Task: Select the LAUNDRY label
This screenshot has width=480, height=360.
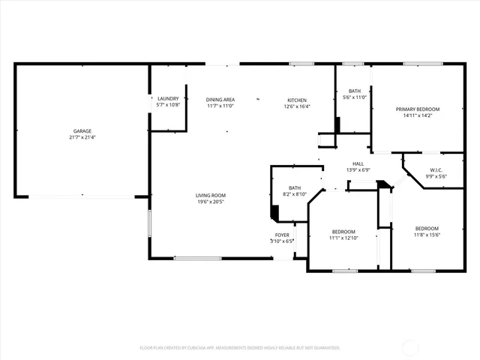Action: [x=168, y=99]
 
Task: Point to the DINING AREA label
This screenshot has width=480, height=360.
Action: [x=220, y=100]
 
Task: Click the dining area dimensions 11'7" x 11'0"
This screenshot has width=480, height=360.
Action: [x=220, y=106]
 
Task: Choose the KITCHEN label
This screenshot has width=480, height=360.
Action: [x=297, y=100]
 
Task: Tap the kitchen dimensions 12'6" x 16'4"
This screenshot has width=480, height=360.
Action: [x=297, y=106]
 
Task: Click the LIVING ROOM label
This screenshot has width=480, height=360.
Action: [x=211, y=196]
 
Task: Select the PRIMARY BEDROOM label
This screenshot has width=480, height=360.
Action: [x=418, y=109]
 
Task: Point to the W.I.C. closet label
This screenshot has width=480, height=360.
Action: [x=436, y=169]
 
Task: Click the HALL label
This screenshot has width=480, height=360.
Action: [x=358, y=163]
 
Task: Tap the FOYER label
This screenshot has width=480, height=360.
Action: [x=282, y=235]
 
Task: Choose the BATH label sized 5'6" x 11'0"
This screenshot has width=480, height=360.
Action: [x=354, y=91]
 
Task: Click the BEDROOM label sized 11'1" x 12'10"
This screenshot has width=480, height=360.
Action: [x=343, y=231]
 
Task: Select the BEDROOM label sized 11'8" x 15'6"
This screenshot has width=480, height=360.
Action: [x=427, y=228]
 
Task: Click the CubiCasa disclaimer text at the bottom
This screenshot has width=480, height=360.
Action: [x=240, y=348]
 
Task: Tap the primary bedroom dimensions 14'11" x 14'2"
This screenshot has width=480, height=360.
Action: [x=418, y=116]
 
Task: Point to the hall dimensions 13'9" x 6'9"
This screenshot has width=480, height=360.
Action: [x=358, y=170]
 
